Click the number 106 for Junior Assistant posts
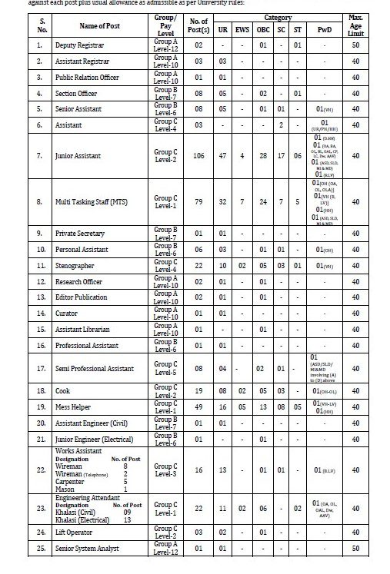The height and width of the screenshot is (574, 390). [198, 155]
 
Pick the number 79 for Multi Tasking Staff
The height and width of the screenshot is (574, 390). [198, 202]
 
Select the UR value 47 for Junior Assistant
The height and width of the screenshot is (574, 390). [222, 155]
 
